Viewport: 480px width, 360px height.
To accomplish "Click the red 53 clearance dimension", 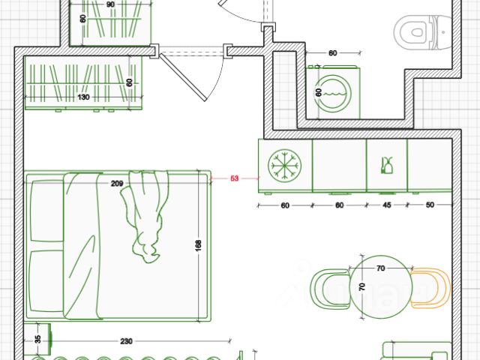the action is click(234, 178).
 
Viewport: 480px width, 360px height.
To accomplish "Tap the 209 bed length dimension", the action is click(117, 183).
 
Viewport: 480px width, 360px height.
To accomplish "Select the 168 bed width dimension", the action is click(198, 246).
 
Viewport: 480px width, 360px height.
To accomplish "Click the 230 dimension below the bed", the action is click(126, 341).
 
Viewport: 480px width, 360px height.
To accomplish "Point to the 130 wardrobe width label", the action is click(83, 97).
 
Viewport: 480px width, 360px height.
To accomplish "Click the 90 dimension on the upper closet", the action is click(110, 4).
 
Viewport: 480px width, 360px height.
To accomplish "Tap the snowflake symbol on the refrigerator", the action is click(285, 166).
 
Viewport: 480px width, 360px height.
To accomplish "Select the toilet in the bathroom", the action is click(422, 32).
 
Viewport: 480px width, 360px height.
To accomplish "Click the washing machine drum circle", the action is click(333, 92).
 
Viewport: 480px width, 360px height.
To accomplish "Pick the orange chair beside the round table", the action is click(432, 288).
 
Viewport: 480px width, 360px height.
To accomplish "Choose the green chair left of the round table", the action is click(331, 289).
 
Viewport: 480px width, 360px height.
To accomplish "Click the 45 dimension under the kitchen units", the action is click(387, 205).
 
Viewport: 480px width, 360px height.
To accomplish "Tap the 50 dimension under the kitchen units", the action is click(430, 205).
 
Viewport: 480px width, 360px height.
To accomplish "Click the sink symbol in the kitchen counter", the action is click(387, 165).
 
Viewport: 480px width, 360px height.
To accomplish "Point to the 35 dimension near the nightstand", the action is click(37, 339).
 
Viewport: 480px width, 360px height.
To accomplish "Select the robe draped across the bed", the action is click(145, 216).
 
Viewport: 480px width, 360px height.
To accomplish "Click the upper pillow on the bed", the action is click(46, 211).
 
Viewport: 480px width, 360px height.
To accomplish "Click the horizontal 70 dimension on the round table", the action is click(380, 268).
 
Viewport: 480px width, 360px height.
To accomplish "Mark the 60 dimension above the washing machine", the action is click(333, 53).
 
